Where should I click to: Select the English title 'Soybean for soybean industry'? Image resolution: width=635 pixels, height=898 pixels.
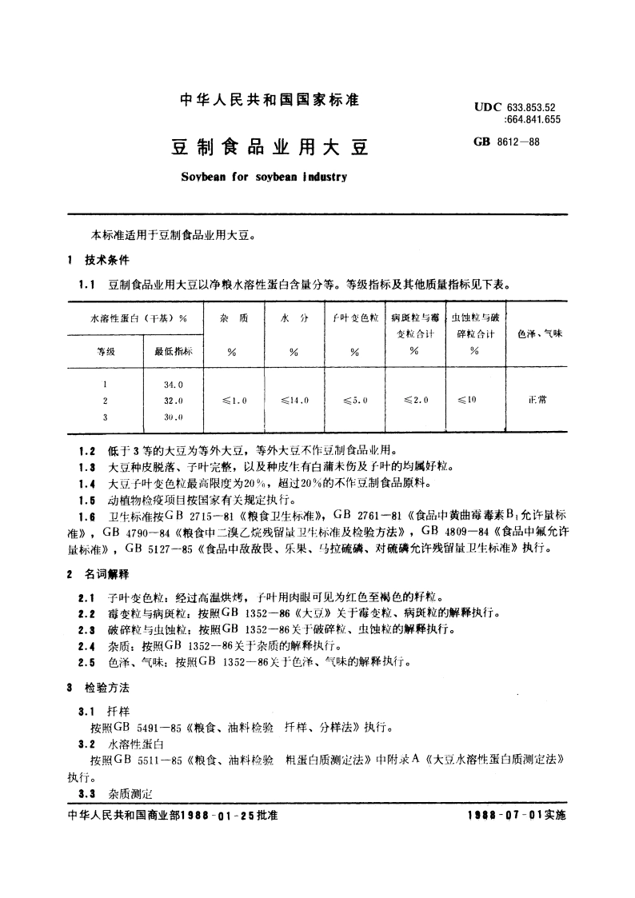258,177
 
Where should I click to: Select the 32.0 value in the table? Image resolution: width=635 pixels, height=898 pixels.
174,400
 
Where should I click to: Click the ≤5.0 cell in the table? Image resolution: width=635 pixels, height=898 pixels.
353,400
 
